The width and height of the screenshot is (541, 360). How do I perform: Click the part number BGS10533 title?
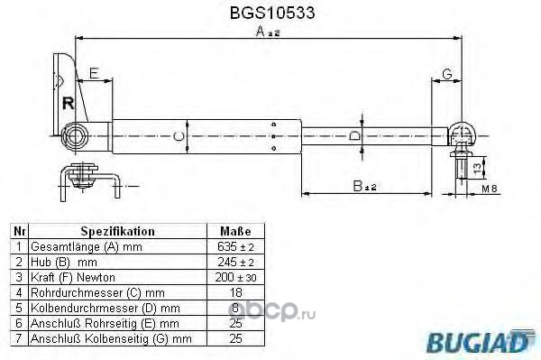272,14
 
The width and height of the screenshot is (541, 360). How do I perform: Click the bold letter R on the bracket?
69,103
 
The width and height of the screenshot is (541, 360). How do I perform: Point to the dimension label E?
94,73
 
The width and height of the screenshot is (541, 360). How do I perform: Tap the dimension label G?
447,74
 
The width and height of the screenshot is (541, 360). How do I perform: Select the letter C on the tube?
179,137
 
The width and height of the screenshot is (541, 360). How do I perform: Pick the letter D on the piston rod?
354,136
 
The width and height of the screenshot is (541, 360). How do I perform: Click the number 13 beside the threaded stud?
477,168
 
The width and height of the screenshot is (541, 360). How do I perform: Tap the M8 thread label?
490,189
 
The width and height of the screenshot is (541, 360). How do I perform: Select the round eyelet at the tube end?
74,136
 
